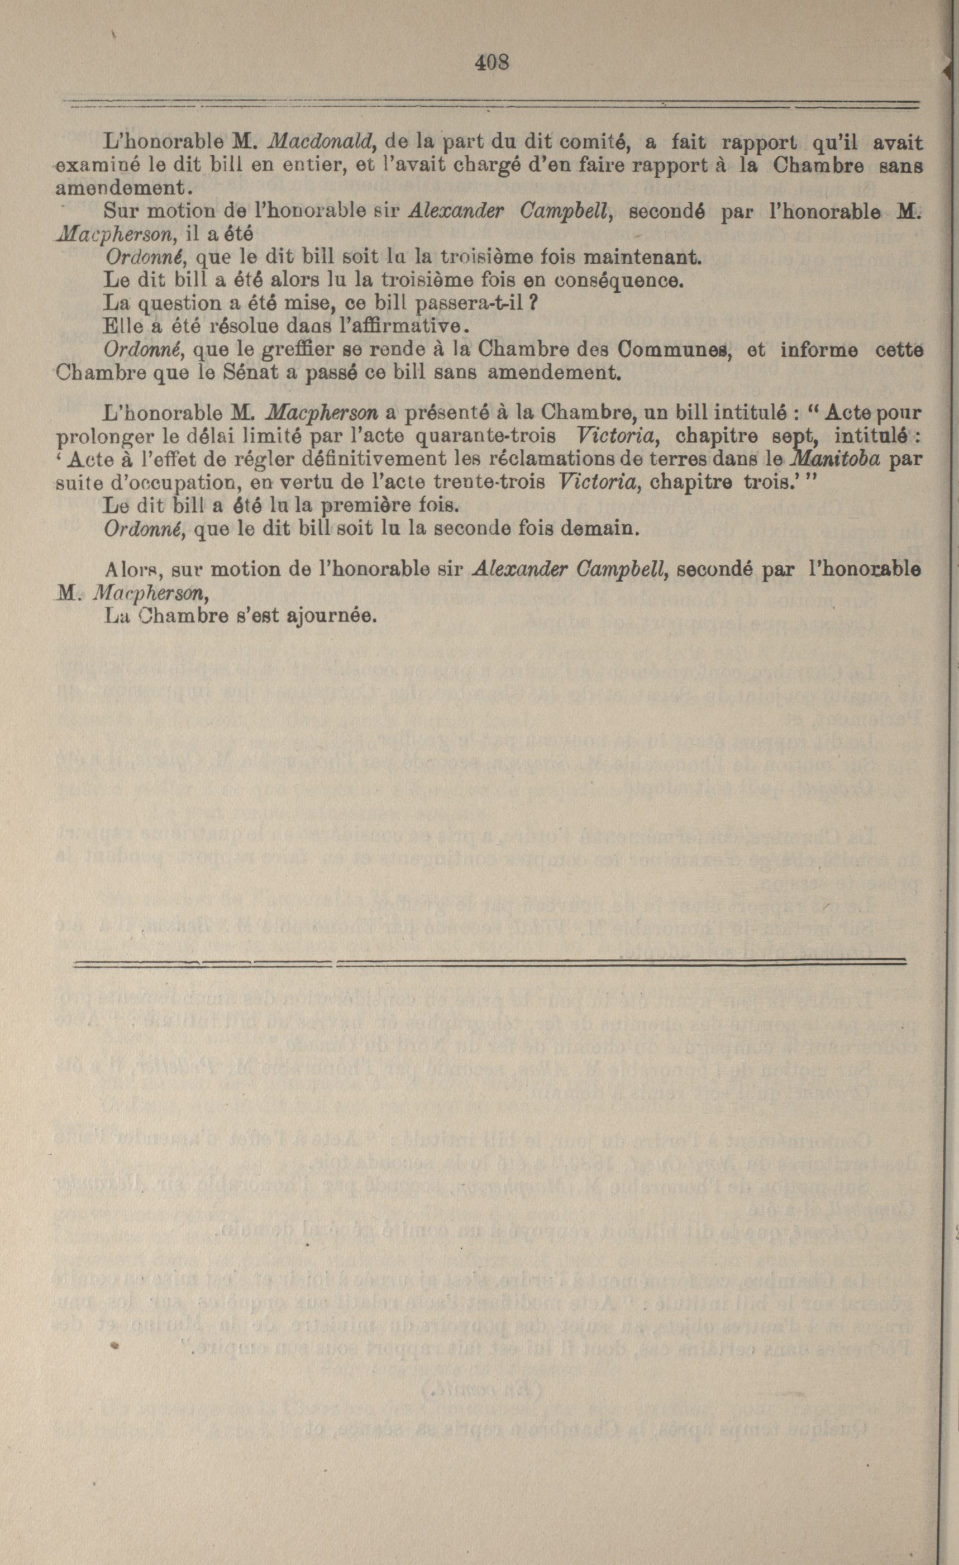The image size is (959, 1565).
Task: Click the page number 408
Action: tap(492, 62)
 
